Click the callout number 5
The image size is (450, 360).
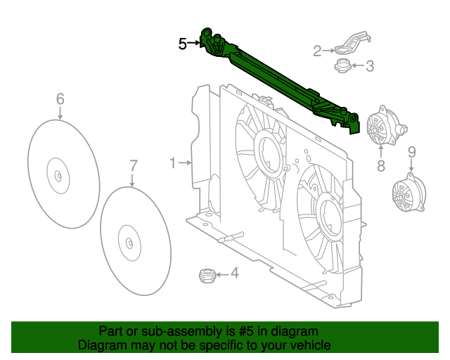coord(183,44)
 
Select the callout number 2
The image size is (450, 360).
coord(318,50)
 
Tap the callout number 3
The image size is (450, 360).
coord(369,67)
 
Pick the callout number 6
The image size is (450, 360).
coord(60,98)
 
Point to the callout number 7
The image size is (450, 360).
coord(134,166)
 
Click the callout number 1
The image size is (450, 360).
coord(172,163)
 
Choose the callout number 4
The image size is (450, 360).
coord(234,274)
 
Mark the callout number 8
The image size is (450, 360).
coord(380,166)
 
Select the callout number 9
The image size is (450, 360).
coord(412,151)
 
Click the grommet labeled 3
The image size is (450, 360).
coord(342,67)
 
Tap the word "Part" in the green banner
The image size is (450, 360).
coord(112,331)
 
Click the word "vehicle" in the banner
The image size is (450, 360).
coord(309,345)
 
